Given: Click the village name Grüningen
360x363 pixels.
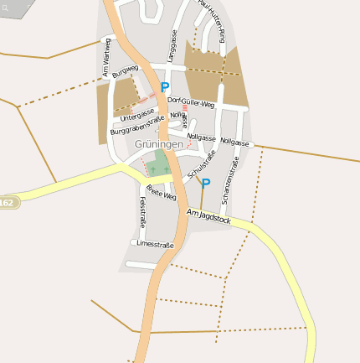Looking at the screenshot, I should coord(158,144).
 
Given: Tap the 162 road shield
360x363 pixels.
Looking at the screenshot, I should coord(8,203).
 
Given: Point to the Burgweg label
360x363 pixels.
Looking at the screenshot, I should coord(124,71).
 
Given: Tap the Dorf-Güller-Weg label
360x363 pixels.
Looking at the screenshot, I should coord(192,102).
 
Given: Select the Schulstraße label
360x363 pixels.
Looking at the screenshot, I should coord(202,164).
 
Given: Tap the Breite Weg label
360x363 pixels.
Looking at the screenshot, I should coord(161,192).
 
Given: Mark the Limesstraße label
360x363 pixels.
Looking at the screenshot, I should coord(155,244).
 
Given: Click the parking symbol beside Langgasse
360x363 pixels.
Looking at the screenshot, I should coord(165,86).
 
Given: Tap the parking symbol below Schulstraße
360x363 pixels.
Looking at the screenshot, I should coord(206,183).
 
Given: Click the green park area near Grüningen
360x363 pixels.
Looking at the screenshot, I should coord(161,163).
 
